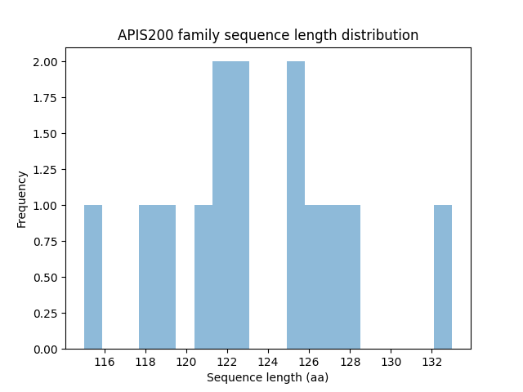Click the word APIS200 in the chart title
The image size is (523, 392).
click(144, 36)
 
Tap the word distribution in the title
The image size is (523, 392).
click(378, 36)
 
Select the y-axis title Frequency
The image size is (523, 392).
click(22, 198)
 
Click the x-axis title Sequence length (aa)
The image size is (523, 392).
click(267, 377)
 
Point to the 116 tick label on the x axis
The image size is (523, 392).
click(105, 362)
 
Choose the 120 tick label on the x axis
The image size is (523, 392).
click(186, 362)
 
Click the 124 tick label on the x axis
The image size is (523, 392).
click(268, 362)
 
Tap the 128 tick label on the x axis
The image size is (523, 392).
click(350, 362)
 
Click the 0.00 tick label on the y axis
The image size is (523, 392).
click(46, 350)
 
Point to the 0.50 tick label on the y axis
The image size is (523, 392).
click(46, 278)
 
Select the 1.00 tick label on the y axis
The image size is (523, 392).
click(46, 206)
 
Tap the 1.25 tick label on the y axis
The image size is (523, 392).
click(46, 170)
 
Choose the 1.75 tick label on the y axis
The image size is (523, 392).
click(46, 98)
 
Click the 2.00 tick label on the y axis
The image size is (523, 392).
click(46, 62)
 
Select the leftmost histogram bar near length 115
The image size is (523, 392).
click(93, 278)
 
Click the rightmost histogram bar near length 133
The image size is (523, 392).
click(443, 278)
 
